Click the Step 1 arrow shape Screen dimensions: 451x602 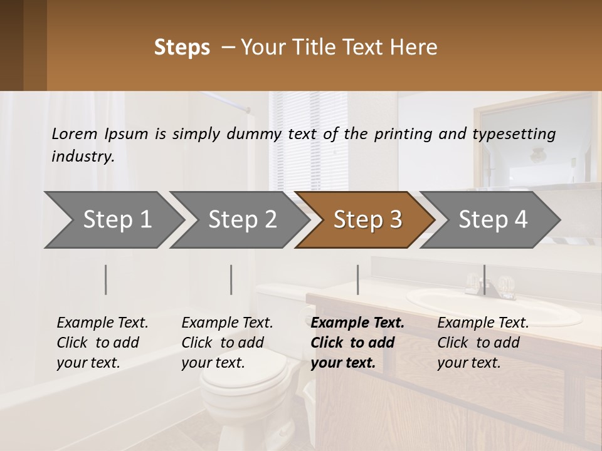click(x=113, y=220)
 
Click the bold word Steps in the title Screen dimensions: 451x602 click(x=182, y=48)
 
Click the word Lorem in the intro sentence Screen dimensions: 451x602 click(x=74, y=134)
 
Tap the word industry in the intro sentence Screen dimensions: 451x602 click(x=83, y=157)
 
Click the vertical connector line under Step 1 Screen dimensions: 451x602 click(x=106, y=279)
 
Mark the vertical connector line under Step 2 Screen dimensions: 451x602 click(x=231, y=279)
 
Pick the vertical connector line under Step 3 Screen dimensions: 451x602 click(x=357, y=279)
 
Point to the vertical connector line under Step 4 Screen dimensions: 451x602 click(x=483, y=279)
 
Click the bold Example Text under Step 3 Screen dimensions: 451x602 click(x=357, y=323)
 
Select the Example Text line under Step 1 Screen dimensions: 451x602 click(x=102, y=323)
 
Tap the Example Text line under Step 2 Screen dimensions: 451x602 click(x=227, y=323)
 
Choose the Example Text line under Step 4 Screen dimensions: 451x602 click(x=483, y=323)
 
